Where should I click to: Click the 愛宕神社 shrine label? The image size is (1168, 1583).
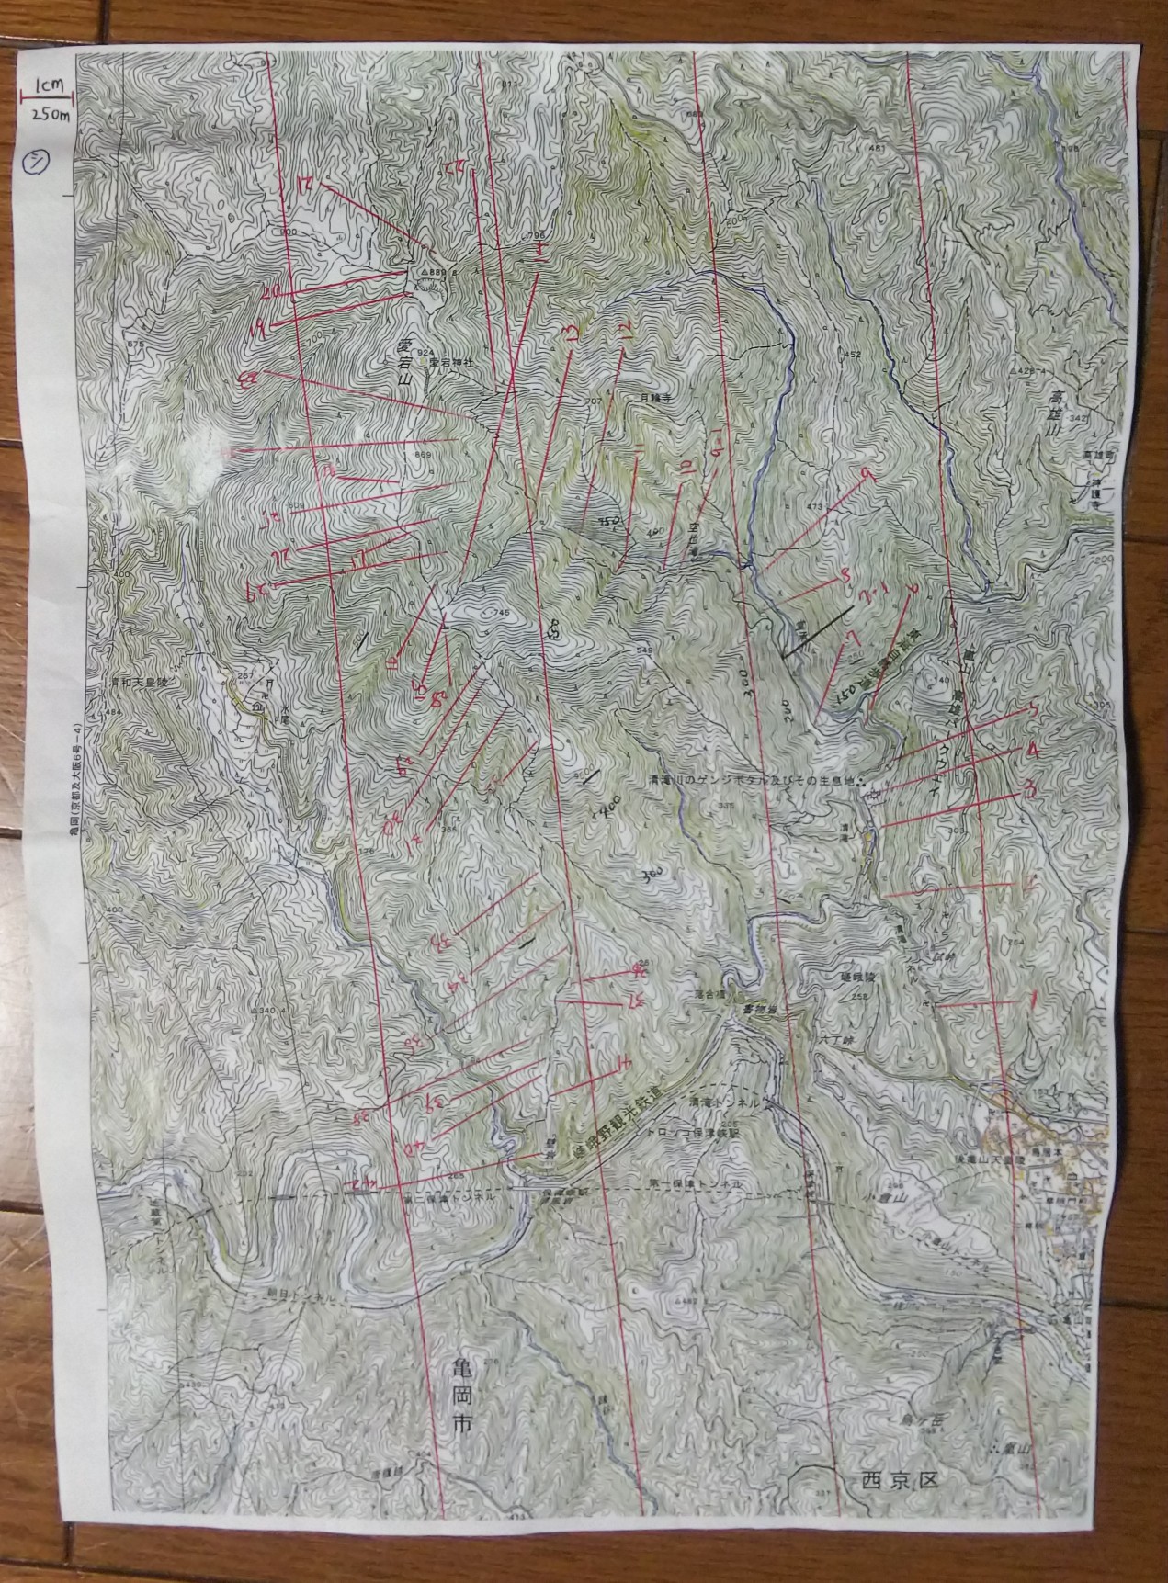(448, 362)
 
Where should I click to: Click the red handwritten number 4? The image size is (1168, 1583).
(1033, 751)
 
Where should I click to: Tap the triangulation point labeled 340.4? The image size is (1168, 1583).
(264, 1011)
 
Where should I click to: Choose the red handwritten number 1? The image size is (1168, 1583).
(1036, 999)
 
